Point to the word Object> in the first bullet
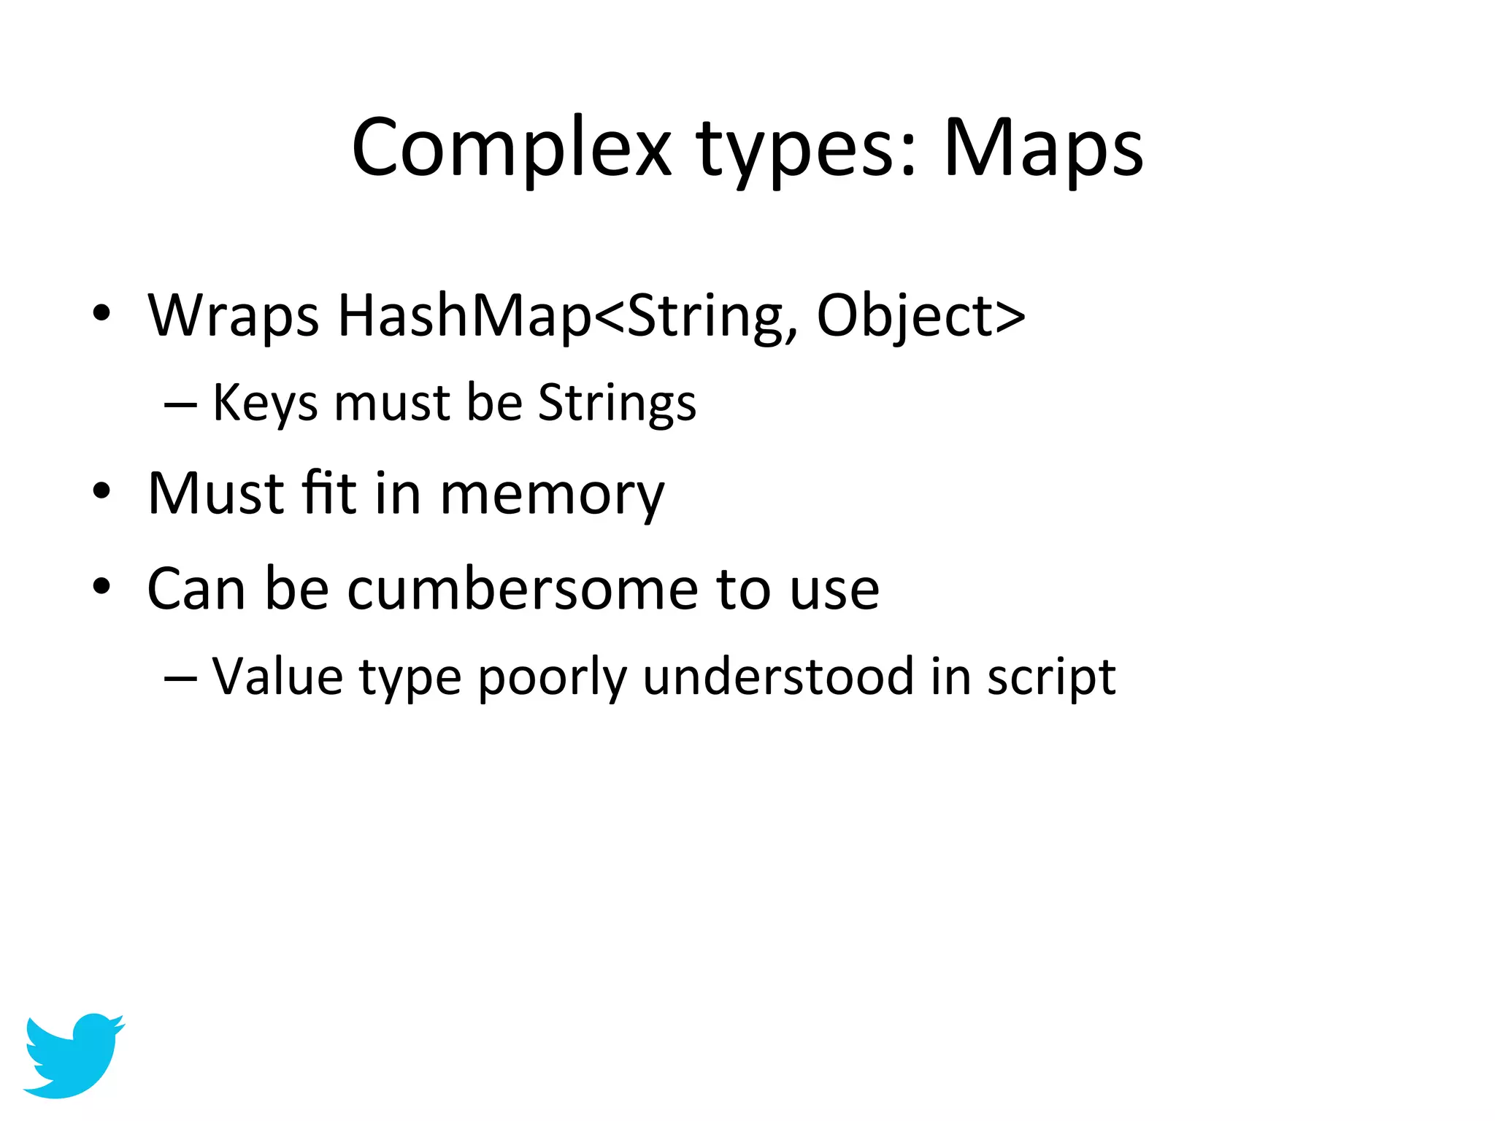[x=921, y=316]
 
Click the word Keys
[x=264, y=404]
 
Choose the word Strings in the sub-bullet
[x=617, y=404]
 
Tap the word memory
[x=552, y=495]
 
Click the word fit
[x=328, y=493]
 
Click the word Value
[x=277, y=677]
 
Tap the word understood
[x=778, y=677]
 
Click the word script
[x=1051, y=678]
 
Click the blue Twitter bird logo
[x=73, y=1054]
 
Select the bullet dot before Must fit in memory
[x=101, y=491]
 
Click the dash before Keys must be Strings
[x=180, y=404]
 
